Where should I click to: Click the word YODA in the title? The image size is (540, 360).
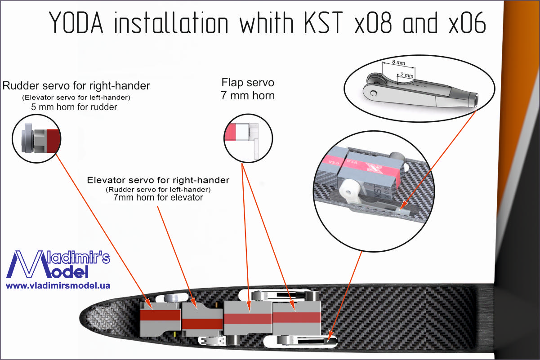[76, 22]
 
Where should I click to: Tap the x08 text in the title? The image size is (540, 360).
[374, 22]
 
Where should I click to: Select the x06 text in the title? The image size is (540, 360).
[468, 22]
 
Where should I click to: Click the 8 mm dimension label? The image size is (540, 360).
[398, 62]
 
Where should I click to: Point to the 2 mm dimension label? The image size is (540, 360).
[407, 75]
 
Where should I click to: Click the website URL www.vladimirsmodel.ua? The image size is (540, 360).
[58, 285]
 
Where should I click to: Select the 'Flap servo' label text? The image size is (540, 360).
[248, 83]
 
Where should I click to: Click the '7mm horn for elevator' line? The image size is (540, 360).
[158, 197]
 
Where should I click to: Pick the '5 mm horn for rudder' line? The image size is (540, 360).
[74, 107]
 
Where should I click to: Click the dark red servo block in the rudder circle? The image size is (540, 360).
[53, 141]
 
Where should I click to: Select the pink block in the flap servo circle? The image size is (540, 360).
[230, 132]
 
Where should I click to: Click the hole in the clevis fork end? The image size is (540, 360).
[374, 93]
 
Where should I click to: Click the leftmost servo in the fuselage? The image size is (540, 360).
[161, 319]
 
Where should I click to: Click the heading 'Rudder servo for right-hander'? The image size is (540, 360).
[76, 86]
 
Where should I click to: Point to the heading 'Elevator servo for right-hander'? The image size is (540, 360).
[158, 180]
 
